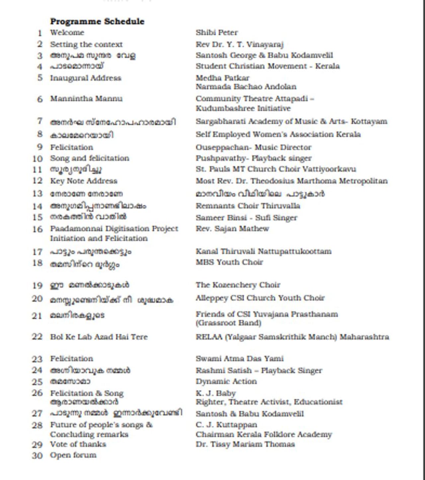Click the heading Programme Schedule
point(97,21)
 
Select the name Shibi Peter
point(216,33)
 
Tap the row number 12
point(38,181)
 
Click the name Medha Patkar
point(222,78)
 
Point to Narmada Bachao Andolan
point(246,87)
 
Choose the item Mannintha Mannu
point(86,98)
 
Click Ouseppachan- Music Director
point(253,147)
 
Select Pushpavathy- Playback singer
point(253,158)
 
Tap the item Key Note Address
point(83,181)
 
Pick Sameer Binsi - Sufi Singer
point(246,218)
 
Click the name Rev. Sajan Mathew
point(232,229)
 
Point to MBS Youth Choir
point(229,262)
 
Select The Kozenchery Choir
point(238,285)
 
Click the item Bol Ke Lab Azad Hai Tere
point(99,337)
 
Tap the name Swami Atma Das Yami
point(239,359)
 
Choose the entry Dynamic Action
point(226,381)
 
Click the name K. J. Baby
point(215,393)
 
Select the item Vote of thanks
point(78,444)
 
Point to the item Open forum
point(73,455)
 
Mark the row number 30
point(37,455)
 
